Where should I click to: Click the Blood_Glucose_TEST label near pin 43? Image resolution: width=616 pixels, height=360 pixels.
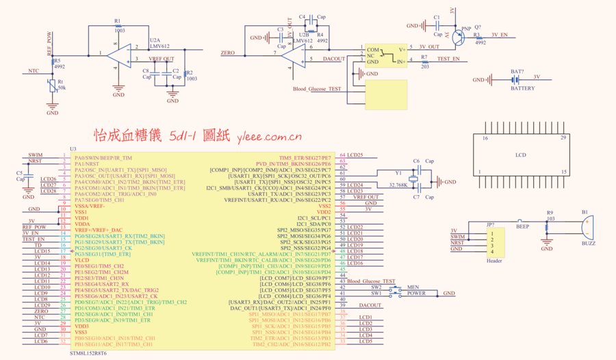(x=371, y=281)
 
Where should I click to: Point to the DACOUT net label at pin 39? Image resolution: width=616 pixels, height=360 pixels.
(x=370, y=305)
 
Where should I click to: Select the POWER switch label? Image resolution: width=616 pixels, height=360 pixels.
(x=416, y=294)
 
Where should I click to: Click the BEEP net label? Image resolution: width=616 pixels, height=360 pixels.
(x=522, y=225)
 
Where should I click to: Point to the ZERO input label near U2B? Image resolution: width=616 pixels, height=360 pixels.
(x=228, y=53)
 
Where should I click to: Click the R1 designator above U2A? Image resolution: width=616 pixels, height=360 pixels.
(x=118, y=21)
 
